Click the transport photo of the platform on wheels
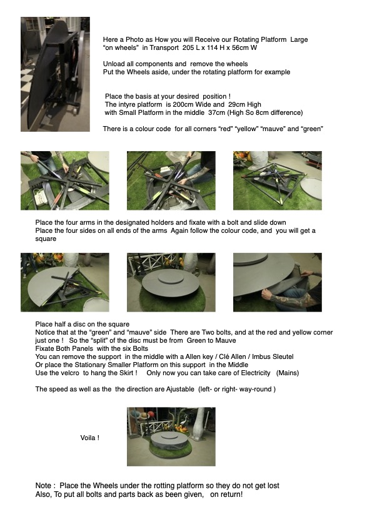55,74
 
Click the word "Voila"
88,438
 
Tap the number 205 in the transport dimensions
188,47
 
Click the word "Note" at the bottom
43,486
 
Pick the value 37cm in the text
216,112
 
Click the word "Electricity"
254,373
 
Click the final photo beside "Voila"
171,436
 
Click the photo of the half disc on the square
65,282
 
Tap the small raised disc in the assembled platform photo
171,277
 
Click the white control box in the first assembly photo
39,199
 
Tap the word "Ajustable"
180,390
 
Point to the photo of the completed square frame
278,180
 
